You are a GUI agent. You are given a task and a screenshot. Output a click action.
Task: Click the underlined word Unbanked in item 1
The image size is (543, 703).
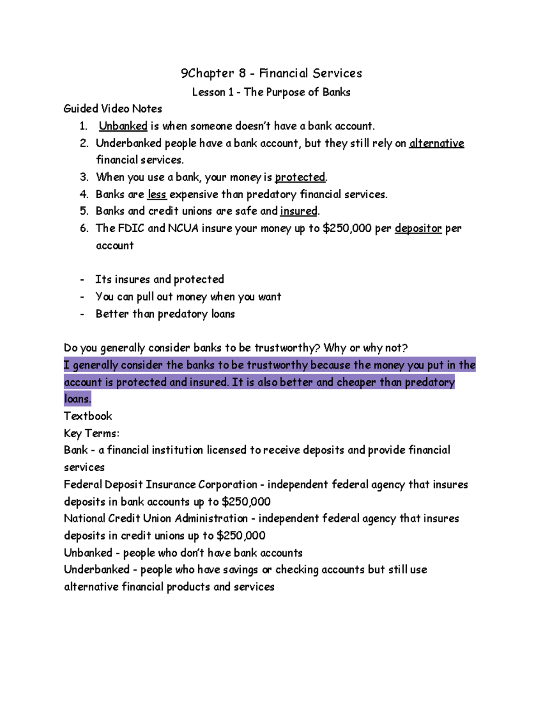point(123,126)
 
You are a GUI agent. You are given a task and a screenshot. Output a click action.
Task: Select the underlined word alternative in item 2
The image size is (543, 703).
point(437,143)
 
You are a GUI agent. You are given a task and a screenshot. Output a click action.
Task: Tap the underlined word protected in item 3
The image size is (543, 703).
point(300,177)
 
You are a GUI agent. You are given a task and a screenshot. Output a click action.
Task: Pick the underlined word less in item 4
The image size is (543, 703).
point(157,195)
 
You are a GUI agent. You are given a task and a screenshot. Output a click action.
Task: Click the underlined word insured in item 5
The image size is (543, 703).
point(299,211)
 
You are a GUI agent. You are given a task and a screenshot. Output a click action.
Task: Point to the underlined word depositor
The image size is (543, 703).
point(418,228)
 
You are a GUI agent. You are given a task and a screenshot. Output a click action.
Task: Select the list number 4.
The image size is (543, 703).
point(84,195)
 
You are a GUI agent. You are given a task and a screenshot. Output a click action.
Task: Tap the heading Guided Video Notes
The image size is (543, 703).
point(113,109)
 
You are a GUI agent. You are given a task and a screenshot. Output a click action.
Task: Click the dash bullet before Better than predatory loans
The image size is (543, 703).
point(82,314)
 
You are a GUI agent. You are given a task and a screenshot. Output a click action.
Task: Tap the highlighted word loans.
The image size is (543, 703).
point(77,399)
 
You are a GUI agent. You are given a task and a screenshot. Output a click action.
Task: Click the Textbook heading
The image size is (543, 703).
point(88,416)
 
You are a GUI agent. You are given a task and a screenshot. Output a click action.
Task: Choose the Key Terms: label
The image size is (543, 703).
point(91,433)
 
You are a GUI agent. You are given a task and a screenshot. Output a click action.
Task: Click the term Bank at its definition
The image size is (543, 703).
point(76,450)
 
